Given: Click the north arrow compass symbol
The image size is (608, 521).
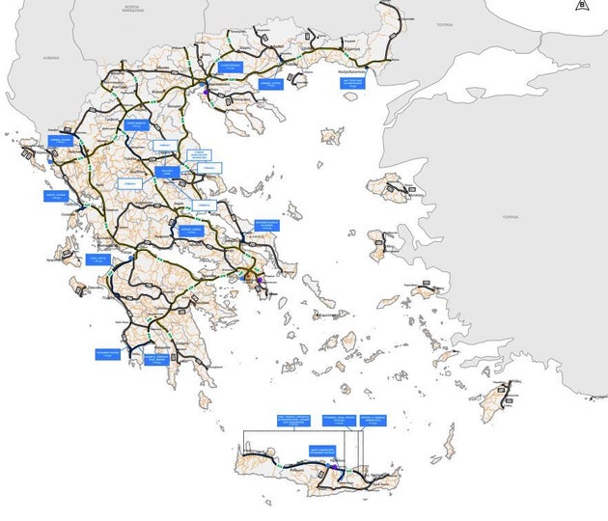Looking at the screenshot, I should point(582,5).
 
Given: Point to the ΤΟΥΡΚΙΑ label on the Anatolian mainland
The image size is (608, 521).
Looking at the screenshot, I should point(509,218).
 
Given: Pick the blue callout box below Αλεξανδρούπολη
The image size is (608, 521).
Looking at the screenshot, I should point(354,83).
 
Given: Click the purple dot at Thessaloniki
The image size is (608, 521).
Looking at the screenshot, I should point(207,94).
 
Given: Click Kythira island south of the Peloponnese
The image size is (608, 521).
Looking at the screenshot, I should point(205,398).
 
